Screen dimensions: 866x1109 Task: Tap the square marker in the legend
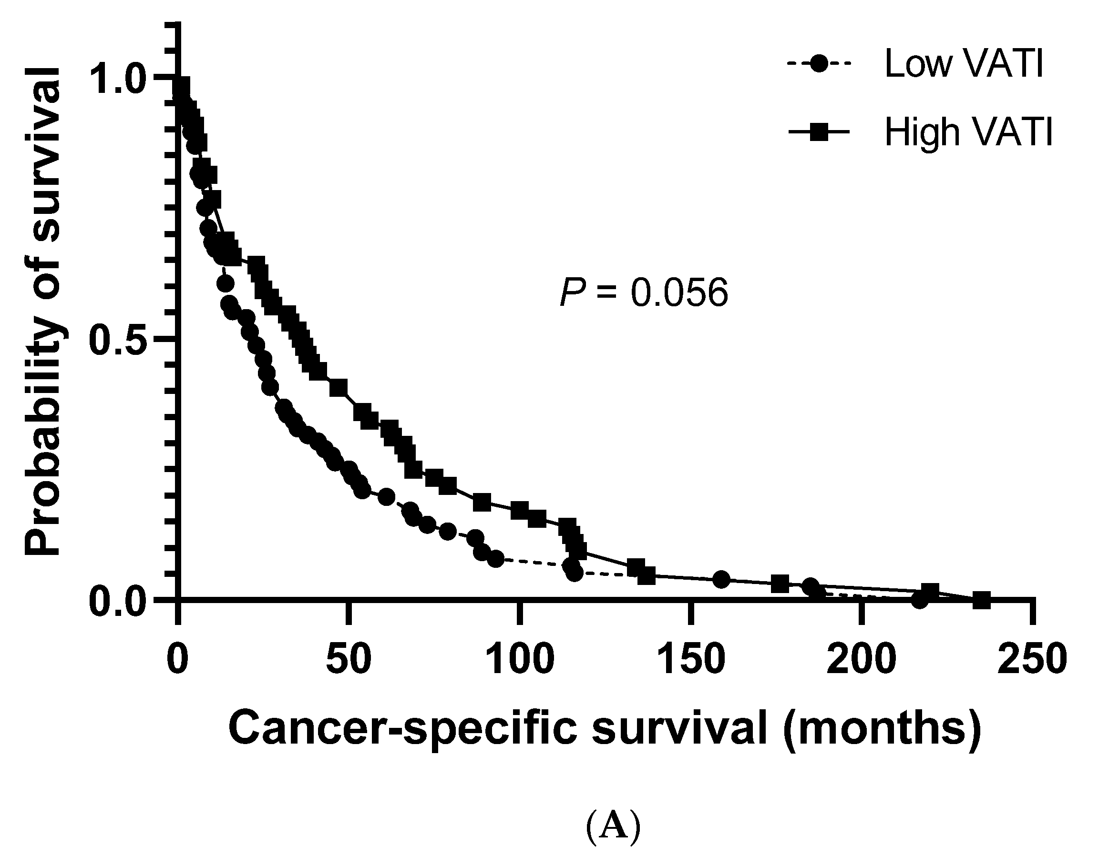click(819, 133)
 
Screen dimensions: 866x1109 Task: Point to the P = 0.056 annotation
click(644, 293)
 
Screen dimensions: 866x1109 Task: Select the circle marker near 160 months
click(721, 579)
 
